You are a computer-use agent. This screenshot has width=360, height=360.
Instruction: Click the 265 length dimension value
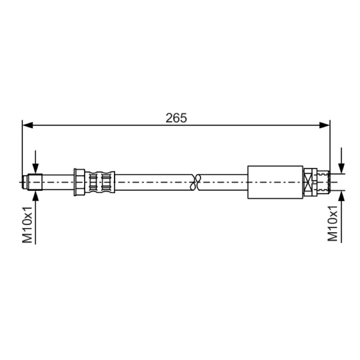(x=176, y=118)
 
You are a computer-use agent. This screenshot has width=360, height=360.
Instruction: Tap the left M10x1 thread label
(x=27, y=225)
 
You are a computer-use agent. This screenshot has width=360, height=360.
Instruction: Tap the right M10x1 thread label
(x=333, y=223)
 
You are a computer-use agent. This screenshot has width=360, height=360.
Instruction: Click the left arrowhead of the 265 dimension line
(x=28, y=125)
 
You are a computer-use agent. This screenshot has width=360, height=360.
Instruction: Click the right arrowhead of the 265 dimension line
(x=324, y=125)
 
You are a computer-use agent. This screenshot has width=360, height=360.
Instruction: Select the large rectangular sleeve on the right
(x=275, y=182)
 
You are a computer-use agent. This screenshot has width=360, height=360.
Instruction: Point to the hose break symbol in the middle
(x=196, y=182)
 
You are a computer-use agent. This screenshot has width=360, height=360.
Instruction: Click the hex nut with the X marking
(x=310, y=182)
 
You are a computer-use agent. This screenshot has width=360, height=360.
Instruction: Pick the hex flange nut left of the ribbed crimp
(x=80, y=182)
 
